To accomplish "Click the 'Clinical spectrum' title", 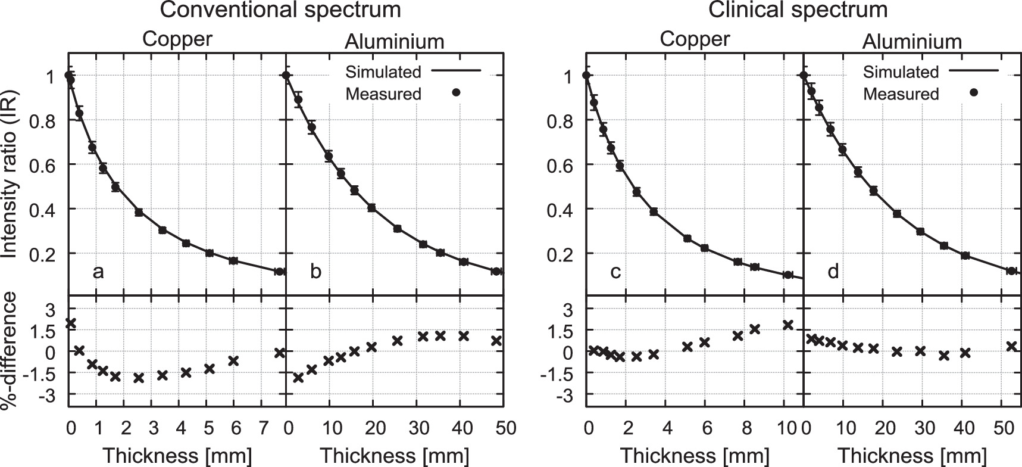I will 799,10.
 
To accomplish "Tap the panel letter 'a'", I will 98,272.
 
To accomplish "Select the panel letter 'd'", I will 833,272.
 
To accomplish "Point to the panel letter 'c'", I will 615,272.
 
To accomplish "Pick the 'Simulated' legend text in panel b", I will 383,72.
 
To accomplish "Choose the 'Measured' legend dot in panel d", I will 974,93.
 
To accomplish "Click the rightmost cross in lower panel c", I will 788,325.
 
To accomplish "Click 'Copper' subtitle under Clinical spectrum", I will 695,39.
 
